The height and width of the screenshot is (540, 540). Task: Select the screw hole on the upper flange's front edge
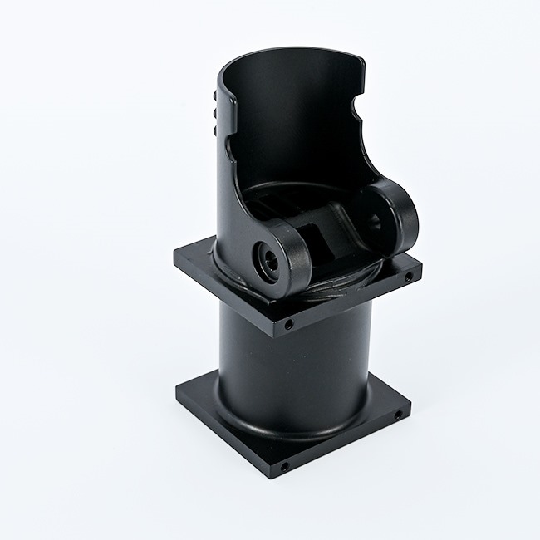tap(287, 324)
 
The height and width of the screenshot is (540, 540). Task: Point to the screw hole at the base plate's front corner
tap(284, 467)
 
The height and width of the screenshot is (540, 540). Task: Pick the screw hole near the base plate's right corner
tap(398, 413)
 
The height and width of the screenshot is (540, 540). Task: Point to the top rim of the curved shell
tap(291, 52)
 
